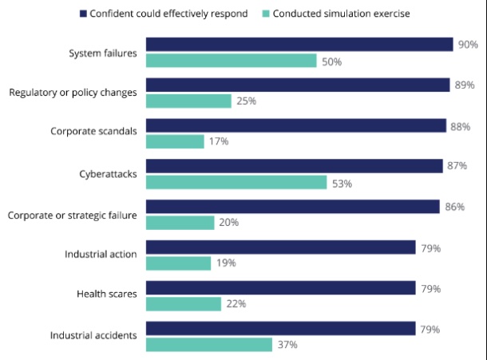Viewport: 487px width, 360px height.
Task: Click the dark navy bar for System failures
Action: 299,44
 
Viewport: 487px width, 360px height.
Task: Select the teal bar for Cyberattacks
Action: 236,182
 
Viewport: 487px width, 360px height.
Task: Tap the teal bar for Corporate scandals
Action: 174,141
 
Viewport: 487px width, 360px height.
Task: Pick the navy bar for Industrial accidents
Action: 279,329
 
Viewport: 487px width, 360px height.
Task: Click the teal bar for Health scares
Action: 183,303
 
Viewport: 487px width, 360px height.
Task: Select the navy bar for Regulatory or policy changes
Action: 297,85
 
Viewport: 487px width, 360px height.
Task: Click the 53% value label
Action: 342,183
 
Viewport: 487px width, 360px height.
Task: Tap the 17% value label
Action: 219,141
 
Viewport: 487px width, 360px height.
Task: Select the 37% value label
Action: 287,345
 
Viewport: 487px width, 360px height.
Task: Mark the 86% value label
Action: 453,207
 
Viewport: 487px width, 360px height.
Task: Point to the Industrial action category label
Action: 101,255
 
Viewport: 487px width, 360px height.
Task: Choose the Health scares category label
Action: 106,295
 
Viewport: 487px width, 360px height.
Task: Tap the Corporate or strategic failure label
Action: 72,214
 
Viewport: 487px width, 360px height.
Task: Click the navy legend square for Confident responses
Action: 82,13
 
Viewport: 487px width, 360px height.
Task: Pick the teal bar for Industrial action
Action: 178,263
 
